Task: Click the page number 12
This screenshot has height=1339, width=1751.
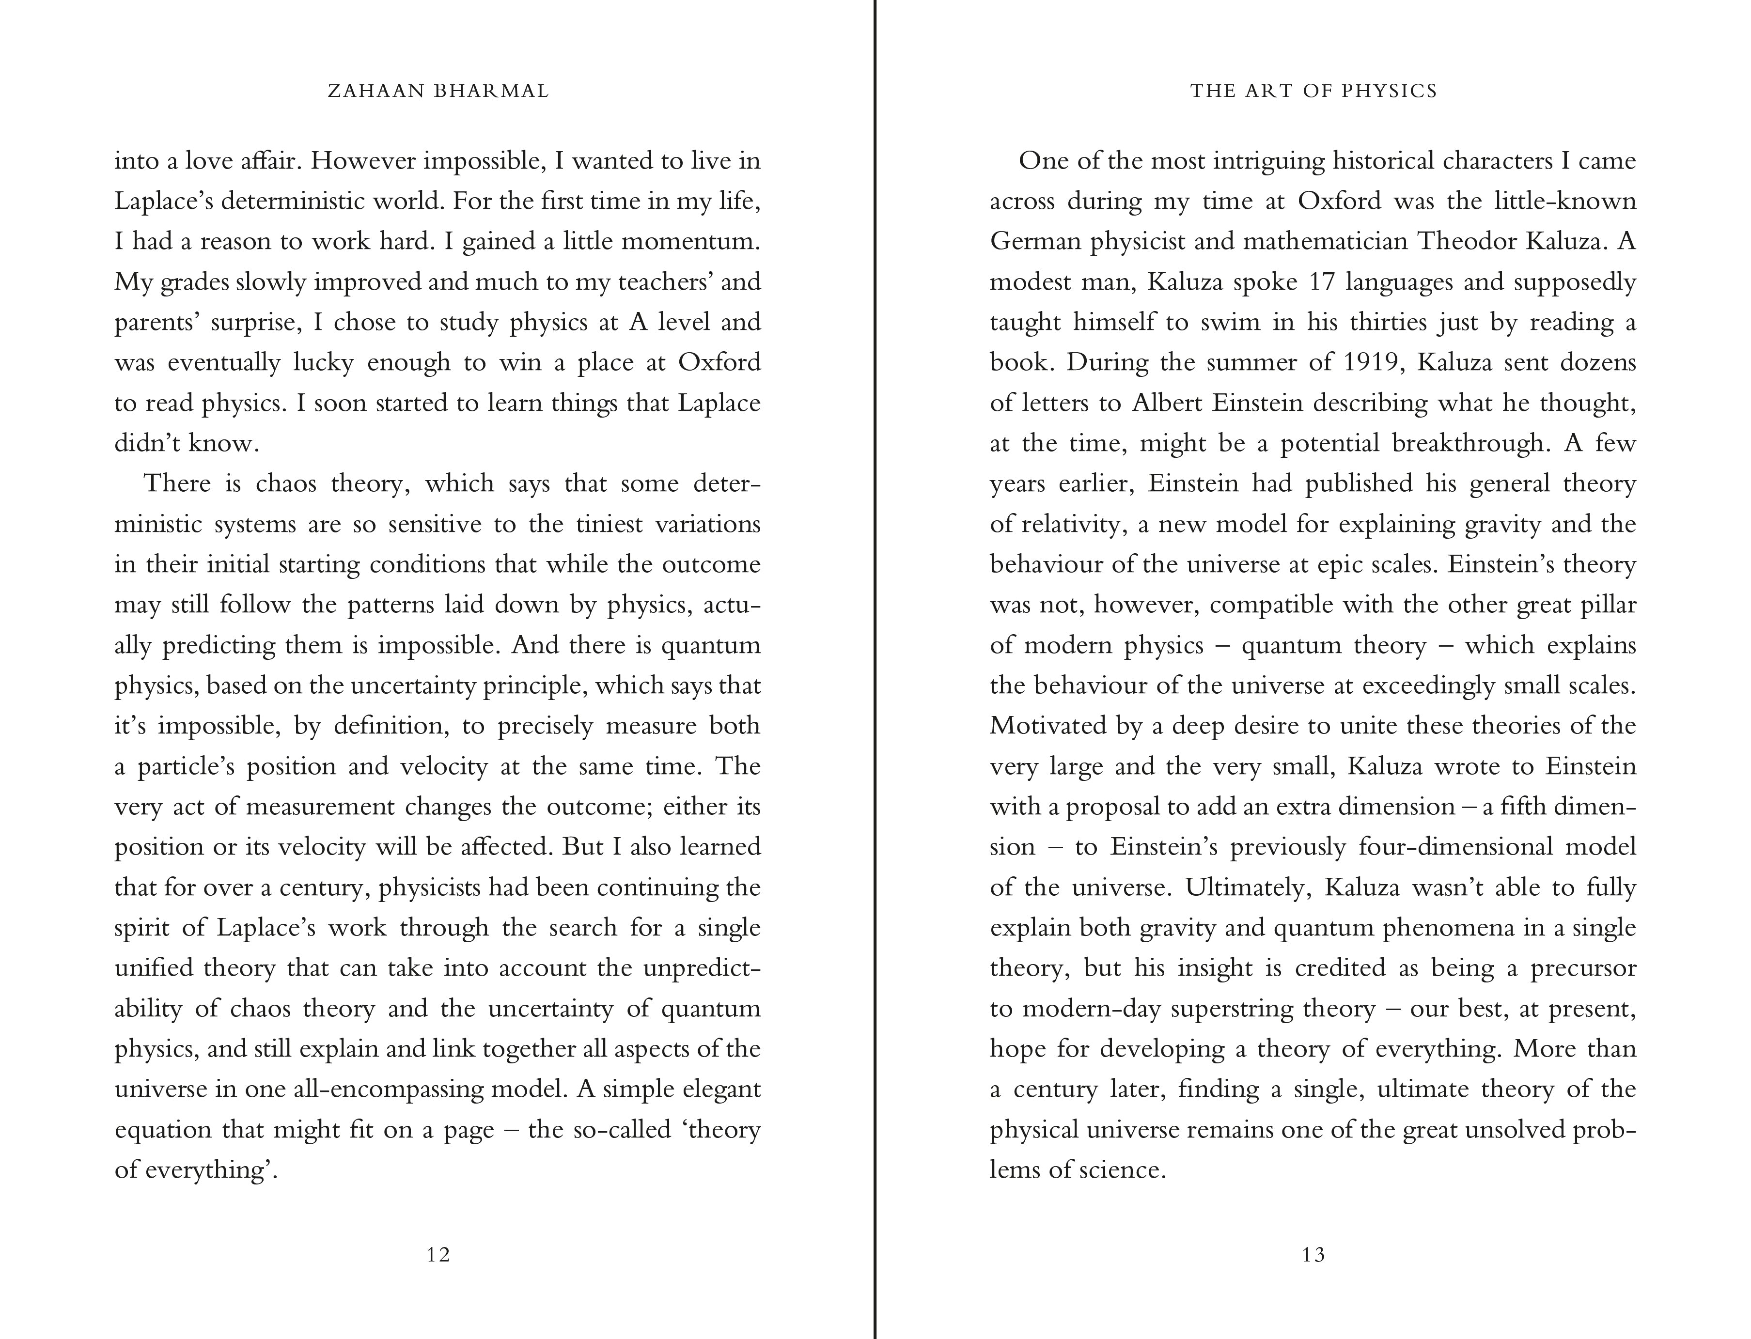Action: pos(438,1255)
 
